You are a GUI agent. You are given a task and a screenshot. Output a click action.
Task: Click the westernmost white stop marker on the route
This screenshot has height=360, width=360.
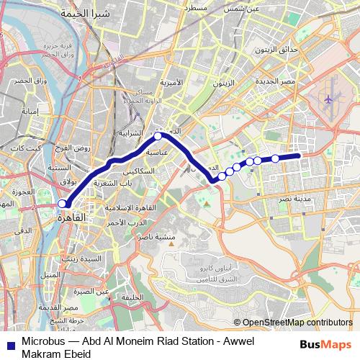click(62, 204)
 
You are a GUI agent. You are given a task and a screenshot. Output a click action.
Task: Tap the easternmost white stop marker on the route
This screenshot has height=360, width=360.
click(275, 158)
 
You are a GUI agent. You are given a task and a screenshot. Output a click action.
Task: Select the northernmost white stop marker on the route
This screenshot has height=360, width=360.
click(158, 135)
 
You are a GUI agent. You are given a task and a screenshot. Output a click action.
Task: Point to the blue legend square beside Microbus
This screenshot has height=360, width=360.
click(8, 343)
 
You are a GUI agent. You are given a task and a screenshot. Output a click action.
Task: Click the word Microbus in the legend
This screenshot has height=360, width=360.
click(41, 343)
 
